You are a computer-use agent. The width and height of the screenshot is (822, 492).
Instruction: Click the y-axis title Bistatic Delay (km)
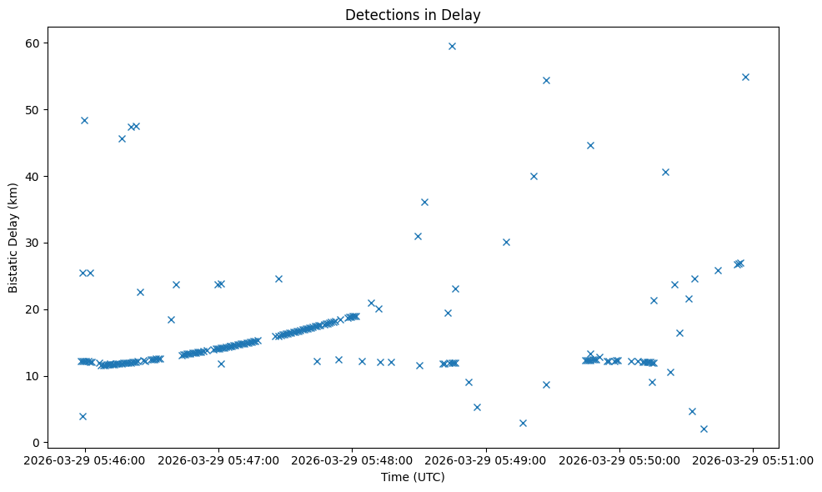click(x=13, y=238)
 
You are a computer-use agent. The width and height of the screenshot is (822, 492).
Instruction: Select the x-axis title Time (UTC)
click(x=413, y=477)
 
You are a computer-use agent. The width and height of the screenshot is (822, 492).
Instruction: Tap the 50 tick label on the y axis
click(x=33, y=110)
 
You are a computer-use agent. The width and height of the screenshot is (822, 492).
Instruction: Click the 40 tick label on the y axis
click(x=33, y=177)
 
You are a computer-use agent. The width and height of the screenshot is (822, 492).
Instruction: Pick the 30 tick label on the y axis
click(x=33, y=243)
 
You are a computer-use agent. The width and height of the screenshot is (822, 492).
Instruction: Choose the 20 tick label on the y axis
click(x=33, y=309)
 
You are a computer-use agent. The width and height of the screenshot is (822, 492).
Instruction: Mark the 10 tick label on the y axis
click(x=33, y=376)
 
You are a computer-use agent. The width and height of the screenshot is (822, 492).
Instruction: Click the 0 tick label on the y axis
click(x=36, y=443)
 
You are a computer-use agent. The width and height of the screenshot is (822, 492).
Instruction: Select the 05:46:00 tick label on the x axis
click(x=84, y=459)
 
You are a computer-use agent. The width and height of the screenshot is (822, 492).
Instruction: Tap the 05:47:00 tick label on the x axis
click(x=218, y=459)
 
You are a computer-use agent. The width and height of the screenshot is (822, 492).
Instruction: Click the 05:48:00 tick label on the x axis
click(x=352, y=459)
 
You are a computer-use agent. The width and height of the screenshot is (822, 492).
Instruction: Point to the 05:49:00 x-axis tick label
click(x=486, y=459)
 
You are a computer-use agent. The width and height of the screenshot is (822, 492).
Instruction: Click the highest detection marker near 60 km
click(x=452, y=46)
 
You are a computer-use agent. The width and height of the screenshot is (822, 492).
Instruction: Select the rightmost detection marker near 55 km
click(x=745, y=77)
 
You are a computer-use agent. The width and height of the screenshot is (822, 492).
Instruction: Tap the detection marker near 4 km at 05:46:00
click(x=83, y=416)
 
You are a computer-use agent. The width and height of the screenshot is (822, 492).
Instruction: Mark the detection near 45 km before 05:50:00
click(x=590, y=145)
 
